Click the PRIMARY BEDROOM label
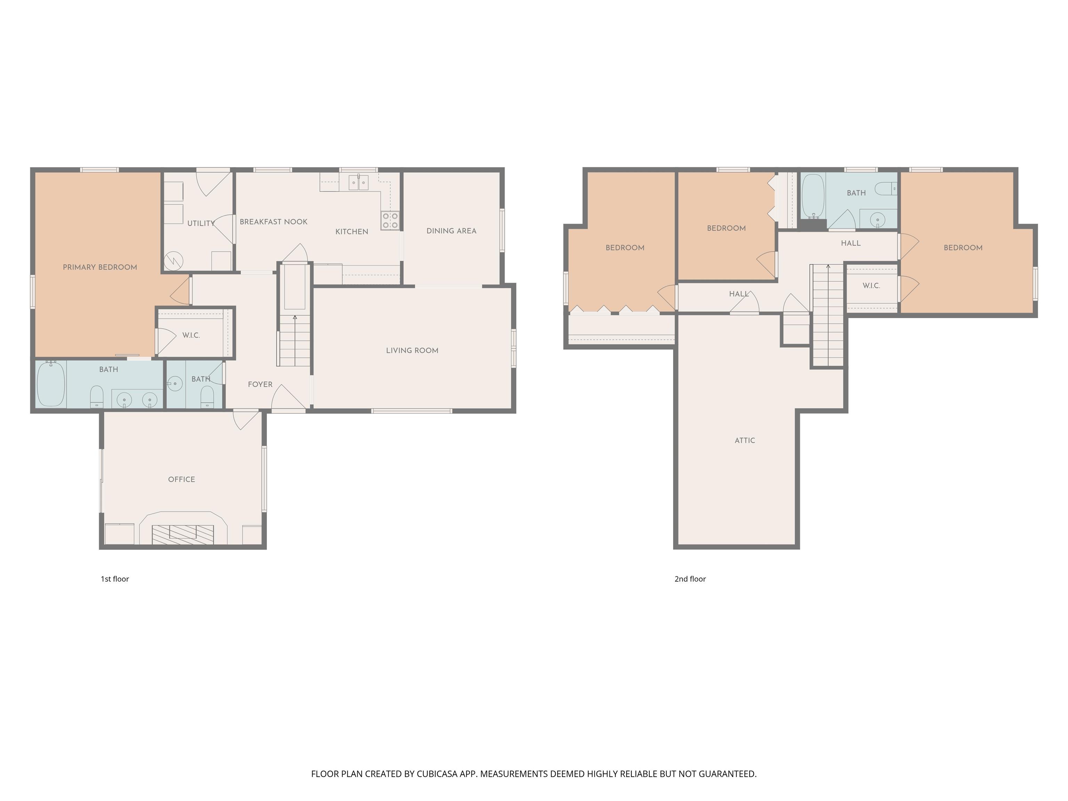pyautogui.click(x=100, y=267)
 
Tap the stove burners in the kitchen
pyautogui.click(x=390, y=221)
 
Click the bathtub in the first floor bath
pyautogui.click(x=51, y=384)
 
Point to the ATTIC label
pyautogui.click(x=745, y=440)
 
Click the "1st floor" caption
pyautogui.click(x=115, y=579)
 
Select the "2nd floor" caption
pyautogui.click(x=690, y=579)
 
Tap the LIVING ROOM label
pyautogui.click(x=412, y=350)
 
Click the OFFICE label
pyautogui.click(x=181, y=479)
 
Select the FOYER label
pyautogui.click(x=260, y=384)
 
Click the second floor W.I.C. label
pyautogui.click(x=872, y=286)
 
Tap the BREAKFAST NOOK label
pyautogui.click(x=274, y=221)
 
